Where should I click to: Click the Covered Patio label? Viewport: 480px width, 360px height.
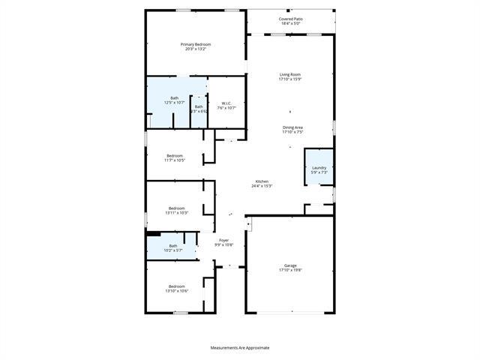(291, 19)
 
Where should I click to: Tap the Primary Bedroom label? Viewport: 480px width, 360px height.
(195, 44)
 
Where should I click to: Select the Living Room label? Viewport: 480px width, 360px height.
(290, 74)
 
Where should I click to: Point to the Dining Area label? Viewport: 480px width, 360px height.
(292, 127)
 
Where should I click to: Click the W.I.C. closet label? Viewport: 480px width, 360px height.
(226, 103)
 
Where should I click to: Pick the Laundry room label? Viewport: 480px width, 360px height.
(319, 167)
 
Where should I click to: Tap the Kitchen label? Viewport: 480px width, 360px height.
(262, 181)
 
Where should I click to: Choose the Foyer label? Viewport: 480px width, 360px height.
(223, 241)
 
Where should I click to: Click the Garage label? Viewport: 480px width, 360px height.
(290, 265)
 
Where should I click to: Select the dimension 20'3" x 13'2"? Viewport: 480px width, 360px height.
(195, 49)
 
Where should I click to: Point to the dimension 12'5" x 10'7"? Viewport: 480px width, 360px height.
(174, 103)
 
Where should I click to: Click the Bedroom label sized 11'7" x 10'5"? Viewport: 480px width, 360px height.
(175, 155)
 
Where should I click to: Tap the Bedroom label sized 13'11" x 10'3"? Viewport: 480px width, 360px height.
(176, 208)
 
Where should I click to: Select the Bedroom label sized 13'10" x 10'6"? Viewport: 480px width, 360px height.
(176, 286)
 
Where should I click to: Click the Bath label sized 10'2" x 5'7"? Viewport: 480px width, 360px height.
(173, 246)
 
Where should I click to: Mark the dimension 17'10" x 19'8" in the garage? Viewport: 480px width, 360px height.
(290, 270)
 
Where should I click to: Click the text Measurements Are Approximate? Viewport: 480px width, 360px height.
(239, 347)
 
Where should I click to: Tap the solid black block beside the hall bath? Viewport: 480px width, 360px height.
(154, 233)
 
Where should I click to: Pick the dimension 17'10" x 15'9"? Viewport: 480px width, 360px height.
(290, 79)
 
